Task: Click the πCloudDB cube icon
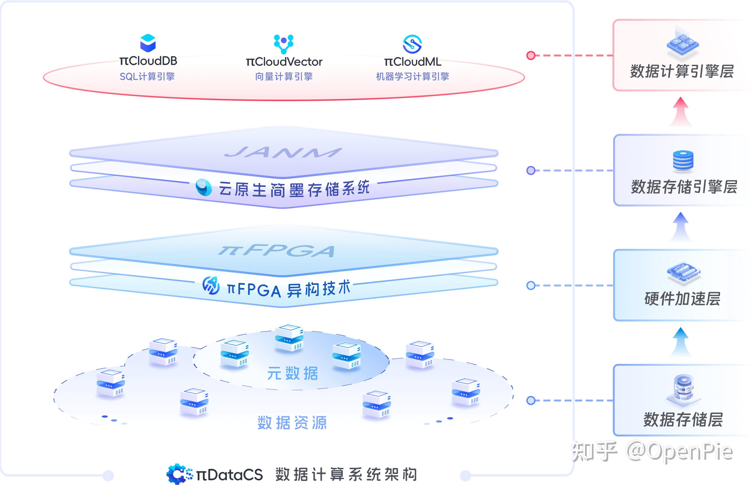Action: point(148,43)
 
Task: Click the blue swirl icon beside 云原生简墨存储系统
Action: point(204,187)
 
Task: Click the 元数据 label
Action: point(292,374)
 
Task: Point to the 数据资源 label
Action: point(292,423)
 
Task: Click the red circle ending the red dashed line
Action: point(531,55)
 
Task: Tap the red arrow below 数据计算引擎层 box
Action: point(681,111)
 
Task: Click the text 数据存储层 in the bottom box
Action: point(683,419)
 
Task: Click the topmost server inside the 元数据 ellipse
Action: point(289,338)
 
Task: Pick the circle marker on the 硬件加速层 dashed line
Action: point(531,286)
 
